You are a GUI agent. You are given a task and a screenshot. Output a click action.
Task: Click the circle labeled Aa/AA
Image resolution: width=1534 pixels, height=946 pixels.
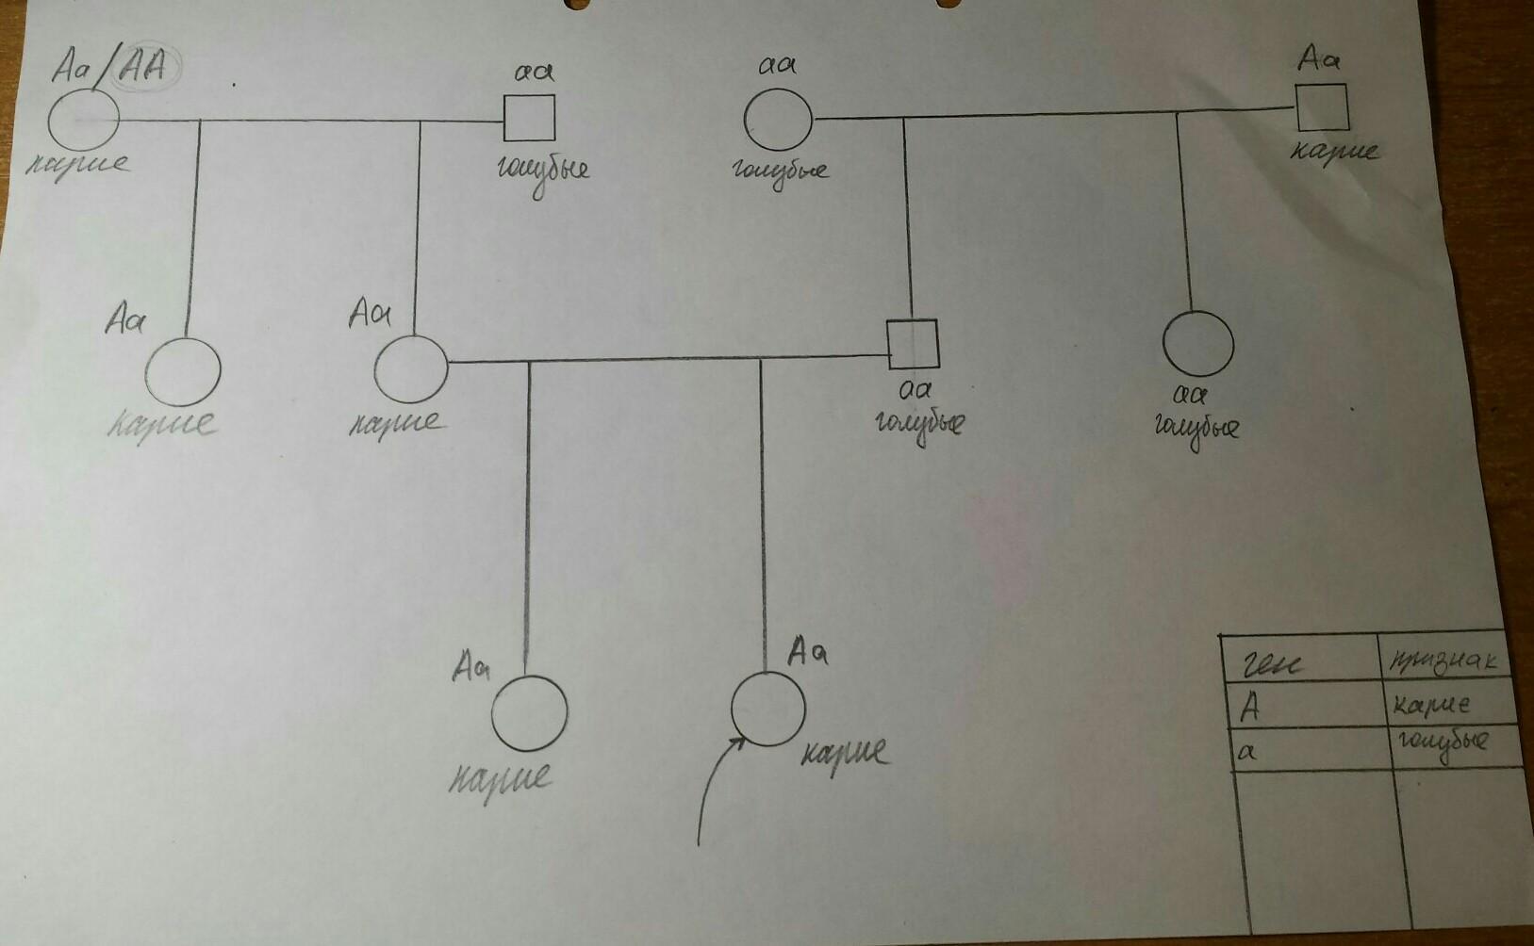pyautogui.click(x=84, y=120)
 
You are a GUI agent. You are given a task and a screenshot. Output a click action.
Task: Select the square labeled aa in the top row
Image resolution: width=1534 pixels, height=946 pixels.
pyautogui.click(x=529, y=118)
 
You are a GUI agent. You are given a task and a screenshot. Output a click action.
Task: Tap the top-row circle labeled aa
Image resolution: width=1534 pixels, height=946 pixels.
pyautogui.click(x=778, y=120)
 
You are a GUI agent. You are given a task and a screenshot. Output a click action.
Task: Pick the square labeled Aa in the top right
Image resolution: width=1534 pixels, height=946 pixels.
pyautogui.click(x=1322, y=106)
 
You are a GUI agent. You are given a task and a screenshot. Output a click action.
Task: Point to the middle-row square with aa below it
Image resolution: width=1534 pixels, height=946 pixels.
pyautogui.click(x=912, y=345)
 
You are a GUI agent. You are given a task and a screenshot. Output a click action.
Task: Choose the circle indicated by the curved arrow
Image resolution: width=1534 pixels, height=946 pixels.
pyautogui.click(x=768, y=709)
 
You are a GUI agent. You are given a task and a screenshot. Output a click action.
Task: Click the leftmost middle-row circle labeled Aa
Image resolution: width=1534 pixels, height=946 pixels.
pyautogui.click(x=184, y=370)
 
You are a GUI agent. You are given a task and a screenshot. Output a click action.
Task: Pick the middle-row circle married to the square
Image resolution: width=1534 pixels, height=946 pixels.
pyautogui.click(x=410, y=368)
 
